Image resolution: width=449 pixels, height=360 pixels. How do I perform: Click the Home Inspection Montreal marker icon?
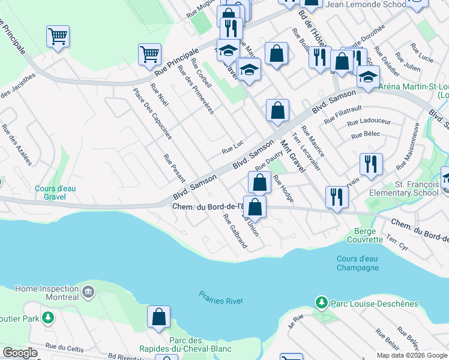89,292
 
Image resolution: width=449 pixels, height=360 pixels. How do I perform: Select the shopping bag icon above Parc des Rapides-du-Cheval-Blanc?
158,317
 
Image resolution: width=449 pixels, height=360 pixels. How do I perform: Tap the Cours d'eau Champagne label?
358,263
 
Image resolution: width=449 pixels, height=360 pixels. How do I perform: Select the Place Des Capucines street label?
144,113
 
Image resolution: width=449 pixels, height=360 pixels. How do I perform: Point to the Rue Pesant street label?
174,169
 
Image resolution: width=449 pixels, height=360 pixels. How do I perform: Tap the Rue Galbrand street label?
235,231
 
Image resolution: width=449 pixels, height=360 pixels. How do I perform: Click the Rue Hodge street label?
283,188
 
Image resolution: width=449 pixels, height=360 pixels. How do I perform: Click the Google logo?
20,353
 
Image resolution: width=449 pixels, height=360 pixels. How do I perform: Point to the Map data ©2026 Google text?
412,355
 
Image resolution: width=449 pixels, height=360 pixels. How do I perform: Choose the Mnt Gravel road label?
292,153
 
